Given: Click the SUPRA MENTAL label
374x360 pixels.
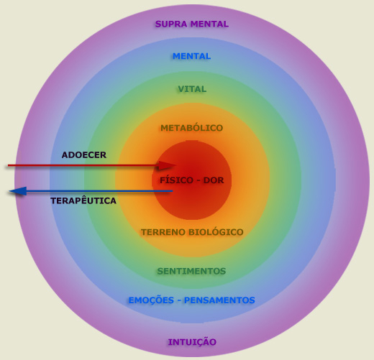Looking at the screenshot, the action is [x=192, y=24].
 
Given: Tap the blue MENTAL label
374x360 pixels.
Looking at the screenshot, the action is [x=192, y=56].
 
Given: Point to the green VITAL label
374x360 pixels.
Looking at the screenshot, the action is [x=192, y=89].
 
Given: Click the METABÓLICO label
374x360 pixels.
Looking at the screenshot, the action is [x=192, y=128].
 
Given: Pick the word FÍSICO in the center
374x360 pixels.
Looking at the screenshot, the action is [x=176, y=180].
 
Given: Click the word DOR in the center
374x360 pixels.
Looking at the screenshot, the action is [x=214, y=180].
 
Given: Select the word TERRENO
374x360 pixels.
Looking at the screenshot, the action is [x=163, y=232].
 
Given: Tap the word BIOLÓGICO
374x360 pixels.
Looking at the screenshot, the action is [x=216, y=231].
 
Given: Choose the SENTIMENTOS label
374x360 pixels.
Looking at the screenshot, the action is [x=191, y=271].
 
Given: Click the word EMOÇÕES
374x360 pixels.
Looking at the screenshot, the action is [x=151, y=300].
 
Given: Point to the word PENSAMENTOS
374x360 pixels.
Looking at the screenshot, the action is [x=219, y=300].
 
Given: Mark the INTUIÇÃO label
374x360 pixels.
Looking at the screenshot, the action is [x=192, y=341].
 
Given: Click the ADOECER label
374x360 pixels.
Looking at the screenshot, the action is [x=84, y=155].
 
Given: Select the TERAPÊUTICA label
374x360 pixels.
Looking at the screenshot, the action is [x=83, y=200].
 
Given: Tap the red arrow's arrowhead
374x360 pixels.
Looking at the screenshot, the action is [x=168, y=165].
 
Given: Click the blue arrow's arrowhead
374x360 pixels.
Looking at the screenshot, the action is [x=18, y=191].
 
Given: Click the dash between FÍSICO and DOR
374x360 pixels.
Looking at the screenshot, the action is [x=199, y=180].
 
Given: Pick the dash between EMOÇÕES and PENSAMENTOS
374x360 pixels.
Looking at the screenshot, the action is [x=179, y=300].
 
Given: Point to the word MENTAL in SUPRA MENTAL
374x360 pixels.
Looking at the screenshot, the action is [x=209, y=24].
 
